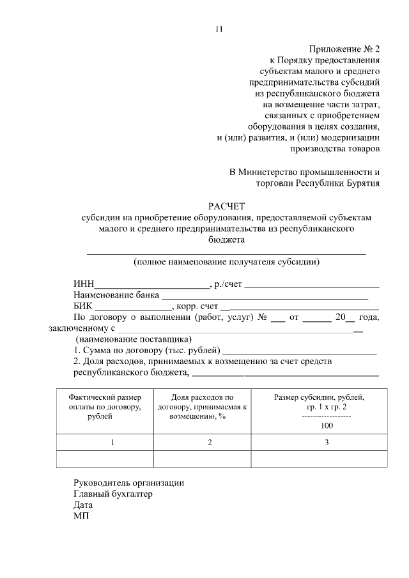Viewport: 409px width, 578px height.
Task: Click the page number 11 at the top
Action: click(219, 29)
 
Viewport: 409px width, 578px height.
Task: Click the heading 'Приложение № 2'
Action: click(344, 49)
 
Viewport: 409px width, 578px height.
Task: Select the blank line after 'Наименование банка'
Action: click(264, 296)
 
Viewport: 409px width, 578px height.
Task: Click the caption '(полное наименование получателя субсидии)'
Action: click(226, 262)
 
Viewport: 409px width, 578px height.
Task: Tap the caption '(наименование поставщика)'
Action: click(134, 338)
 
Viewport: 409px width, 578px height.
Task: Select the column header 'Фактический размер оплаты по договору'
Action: click(104, 407)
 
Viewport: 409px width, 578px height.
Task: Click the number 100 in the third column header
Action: click(326, 426)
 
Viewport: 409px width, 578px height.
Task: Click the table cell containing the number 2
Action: click(209, 443)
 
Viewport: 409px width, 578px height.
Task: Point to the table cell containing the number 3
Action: click(326, 443)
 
